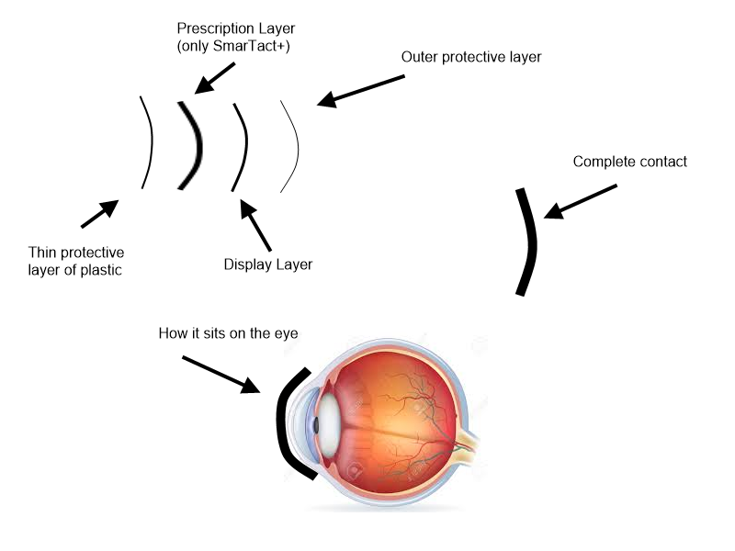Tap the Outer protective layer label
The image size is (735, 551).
(x=471, y=57)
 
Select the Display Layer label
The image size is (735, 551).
(x=268, y=264)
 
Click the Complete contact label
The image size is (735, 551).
(x=629, y=162)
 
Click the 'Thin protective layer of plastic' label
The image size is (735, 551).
(x=76, y=261)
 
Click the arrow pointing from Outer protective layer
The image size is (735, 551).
(x=360, y=91)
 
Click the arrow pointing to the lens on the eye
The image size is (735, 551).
(x=220, y=373)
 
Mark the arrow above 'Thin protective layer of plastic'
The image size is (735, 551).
(x=100, y=213)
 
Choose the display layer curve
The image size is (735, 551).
(x=244, y=147)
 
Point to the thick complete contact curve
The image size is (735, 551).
(x=528, y=241)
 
